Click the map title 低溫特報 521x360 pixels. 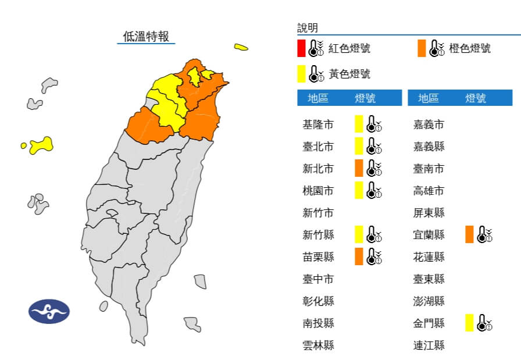(x=146, y=36)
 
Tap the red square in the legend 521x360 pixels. (x=301, y=48)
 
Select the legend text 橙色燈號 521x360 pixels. (x=469, y=48)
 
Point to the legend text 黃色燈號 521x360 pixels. (x=349, y=74)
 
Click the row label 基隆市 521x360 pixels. (x=318, y=124)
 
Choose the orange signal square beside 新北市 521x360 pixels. (x=359, y=168)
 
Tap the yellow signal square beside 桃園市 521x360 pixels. (x=359, y=190)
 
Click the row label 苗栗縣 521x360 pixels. (x=318, y=256)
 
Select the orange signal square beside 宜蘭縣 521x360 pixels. (x=469, y=234)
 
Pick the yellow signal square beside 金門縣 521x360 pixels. (x=469, y=323)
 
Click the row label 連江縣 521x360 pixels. (x=429, y=345)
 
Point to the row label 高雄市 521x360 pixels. (x=429, y=191)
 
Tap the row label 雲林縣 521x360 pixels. (x=318, y=345)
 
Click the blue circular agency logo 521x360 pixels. (x=49, y=312)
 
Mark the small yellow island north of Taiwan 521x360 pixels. (x=241, y=47)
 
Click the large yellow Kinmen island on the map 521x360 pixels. (x=41, y=145)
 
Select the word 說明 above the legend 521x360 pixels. (x=308, y=28)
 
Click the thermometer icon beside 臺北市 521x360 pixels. (x=374, y=146)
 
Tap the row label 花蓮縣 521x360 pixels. (x=429, y=257)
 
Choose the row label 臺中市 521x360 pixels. (x=318, y=279)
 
